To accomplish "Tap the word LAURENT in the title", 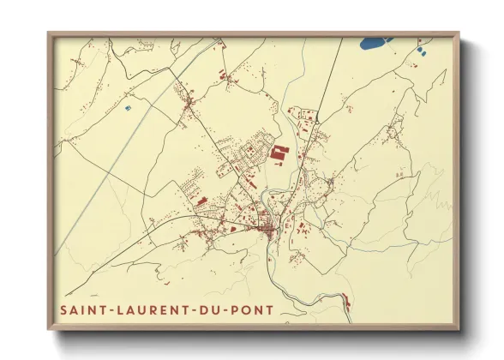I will pos(137,308).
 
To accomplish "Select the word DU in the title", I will pos(191,308).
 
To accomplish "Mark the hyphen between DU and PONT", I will pos(207,308).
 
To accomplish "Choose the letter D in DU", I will pos(185,308).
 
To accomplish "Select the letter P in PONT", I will pos(214,308).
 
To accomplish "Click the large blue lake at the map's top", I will pos(374,41).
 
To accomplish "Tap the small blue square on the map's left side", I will pos(128,108).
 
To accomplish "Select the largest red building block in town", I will pos(279,154).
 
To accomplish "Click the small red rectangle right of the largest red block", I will pos(301,153).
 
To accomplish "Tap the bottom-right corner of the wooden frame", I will pos(459,329).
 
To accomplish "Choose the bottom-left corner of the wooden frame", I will pos(49,329).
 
